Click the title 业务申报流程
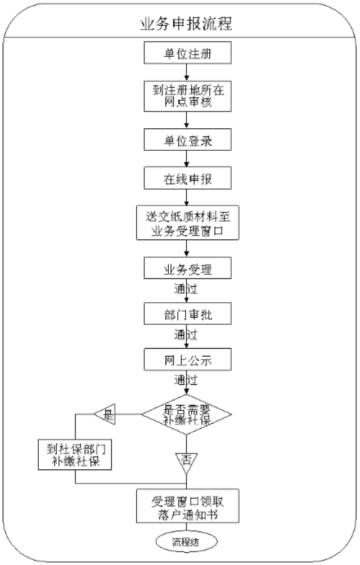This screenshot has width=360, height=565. tap(186, 24)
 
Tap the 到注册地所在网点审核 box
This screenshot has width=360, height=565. tap(186, 96)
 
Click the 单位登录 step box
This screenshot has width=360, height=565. tap(186, 140)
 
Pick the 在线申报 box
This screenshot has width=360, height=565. tap(186, 178)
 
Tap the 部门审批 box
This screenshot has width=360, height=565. tap(186, 314)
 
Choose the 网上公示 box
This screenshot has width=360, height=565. tap(186, 358)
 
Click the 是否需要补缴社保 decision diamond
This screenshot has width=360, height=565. tap(186, 415)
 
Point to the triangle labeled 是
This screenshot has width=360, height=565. tap(106, 415)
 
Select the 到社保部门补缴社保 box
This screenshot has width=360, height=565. tap(75, 454)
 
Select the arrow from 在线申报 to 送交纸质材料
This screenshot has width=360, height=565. tap(186, 198)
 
